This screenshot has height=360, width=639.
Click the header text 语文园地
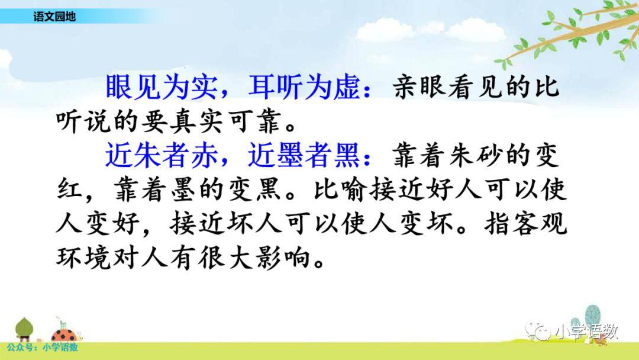pos(54,17)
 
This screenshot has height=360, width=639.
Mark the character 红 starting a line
pos(70,189)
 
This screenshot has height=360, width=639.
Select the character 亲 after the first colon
pos(406,87)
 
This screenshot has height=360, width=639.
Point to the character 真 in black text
pos(183,121)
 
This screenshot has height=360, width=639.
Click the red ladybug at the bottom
pos(64,335)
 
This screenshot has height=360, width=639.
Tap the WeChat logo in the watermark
pos(537,331)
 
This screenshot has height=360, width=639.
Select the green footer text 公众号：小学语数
pos(43,348)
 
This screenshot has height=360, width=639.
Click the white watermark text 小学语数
pos(586,332)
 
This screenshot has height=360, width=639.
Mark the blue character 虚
pos(346,87)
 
